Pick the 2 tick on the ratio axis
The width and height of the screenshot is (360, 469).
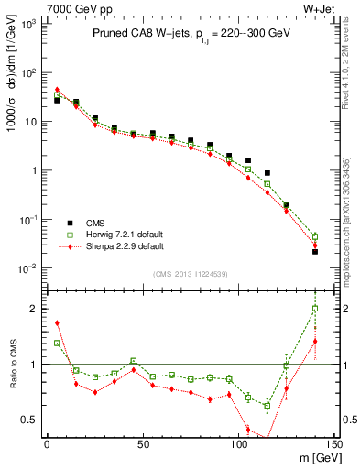37,309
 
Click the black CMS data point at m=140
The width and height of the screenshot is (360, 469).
315,251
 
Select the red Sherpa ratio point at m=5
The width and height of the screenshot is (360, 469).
57,322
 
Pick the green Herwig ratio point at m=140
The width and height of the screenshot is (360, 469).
315,309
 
